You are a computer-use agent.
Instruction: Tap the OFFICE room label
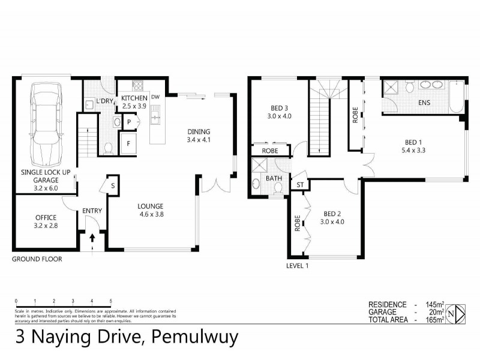pos(46,217)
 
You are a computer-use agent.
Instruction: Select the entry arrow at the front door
pos(92,239)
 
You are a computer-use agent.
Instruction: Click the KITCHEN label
pos(134,98)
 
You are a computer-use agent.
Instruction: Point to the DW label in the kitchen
pos(155,97)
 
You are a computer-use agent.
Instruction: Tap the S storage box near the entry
pos(112,186)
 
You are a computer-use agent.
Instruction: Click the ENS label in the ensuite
pos(424,103)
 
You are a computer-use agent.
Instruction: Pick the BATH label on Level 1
pos(274,178)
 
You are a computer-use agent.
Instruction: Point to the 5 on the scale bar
pos(111,300)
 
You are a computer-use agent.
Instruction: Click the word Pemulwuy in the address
pos(196,337)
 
